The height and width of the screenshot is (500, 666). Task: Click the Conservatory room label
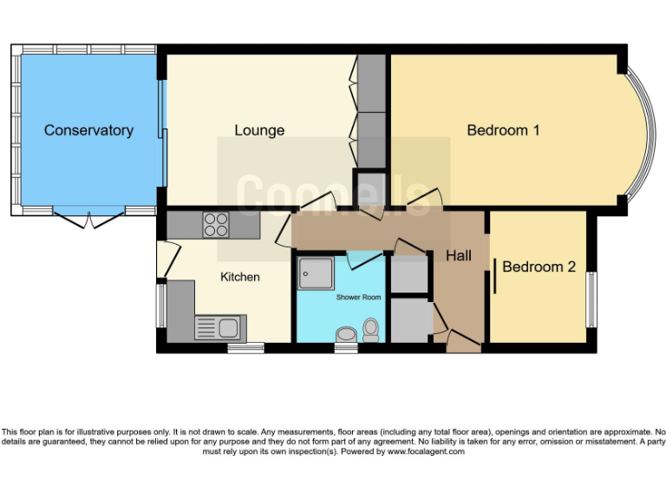click(x=88, y=130)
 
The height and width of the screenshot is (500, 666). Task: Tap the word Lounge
click(x=259, y=130)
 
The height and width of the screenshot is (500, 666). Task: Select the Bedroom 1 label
click(x=503, y=130)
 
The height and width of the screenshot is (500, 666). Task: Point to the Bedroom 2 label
click(x=539, y=266)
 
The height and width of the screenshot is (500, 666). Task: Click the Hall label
click(x=459, y=255)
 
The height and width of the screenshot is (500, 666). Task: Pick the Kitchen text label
click(x=239, y=277)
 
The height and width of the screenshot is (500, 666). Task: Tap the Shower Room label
click(x=359, y=298)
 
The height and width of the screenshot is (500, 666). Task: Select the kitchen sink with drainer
click(x=220, y=328)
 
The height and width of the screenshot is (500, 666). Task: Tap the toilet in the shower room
click(x=371, y=330)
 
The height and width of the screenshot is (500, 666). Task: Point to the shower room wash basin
click(x=346, y=334)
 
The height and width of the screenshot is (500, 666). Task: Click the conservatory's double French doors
click(x=88, y=218)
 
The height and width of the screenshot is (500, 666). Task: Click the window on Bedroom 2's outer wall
click(x=592, y=300)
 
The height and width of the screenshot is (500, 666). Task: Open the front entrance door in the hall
click(x=463, y=345)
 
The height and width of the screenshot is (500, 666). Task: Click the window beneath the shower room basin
click(x=346, y=348)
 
